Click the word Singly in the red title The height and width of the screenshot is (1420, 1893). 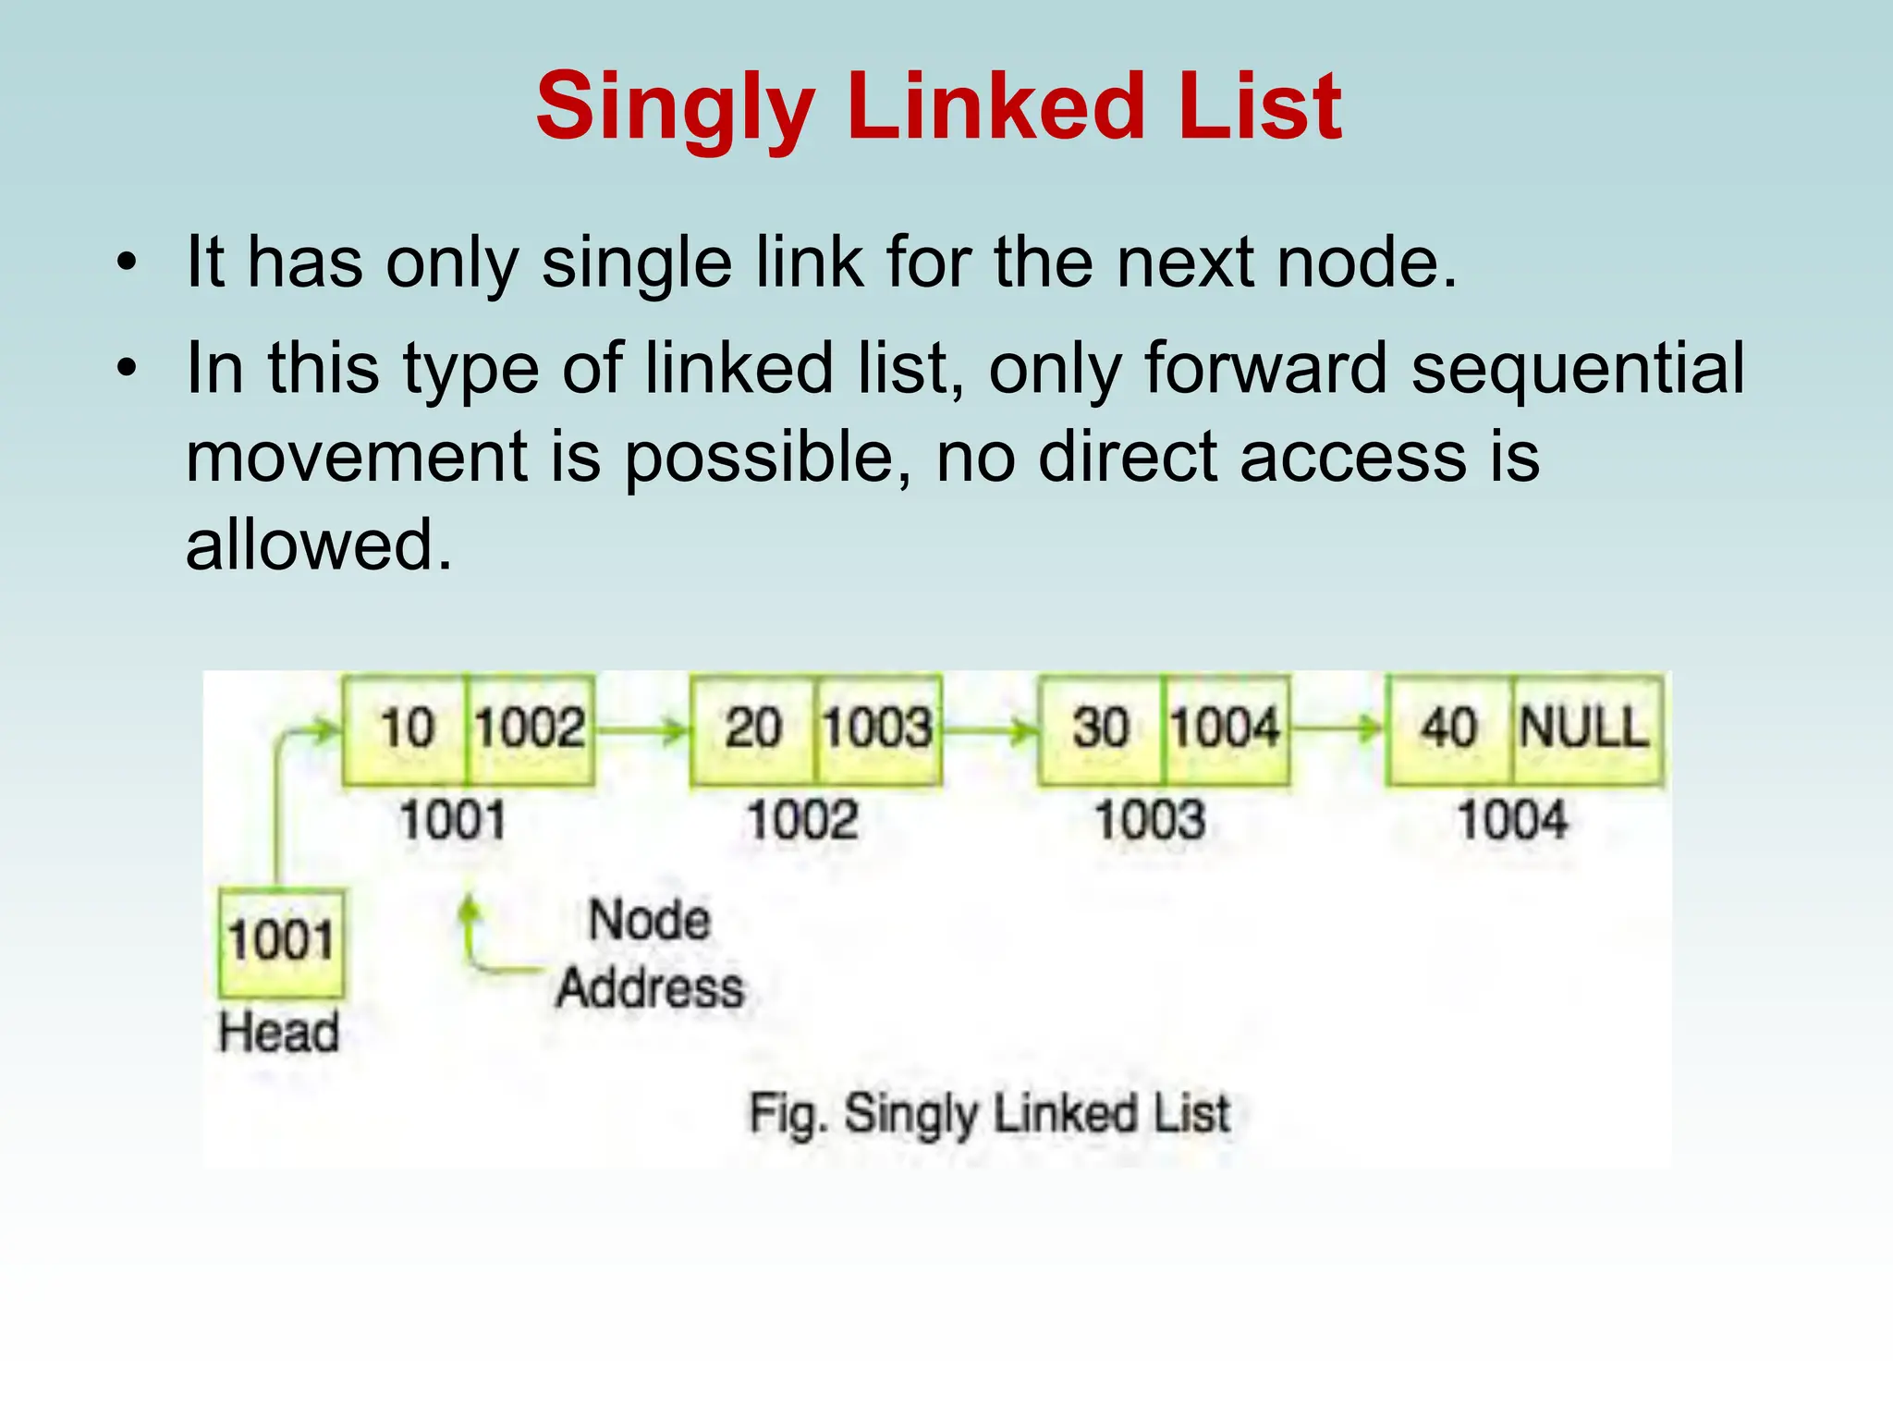click(675, 109)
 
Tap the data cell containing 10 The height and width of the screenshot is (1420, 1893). click(406, 728)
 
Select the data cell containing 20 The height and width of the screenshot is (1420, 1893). click(753, 728)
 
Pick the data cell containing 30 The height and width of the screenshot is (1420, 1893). click(1101, 728)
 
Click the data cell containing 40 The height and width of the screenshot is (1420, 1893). click(1448, 728)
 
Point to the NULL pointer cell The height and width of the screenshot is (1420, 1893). click(1586, 728)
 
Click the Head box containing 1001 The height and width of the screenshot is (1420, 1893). click(281, 941)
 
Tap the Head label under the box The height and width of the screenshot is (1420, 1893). click(279, 1033)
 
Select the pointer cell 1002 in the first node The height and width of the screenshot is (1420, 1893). click(531, 728)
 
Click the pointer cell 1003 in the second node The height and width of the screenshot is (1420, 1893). click(878, 728)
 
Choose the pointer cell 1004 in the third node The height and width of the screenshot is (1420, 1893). click(1226, 728)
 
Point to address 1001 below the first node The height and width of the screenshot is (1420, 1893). click(453, 821)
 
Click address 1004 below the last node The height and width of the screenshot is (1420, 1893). click(1513, 821)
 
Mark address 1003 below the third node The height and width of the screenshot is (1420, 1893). click(1151, 821)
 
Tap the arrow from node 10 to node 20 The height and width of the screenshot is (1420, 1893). click(641, 731)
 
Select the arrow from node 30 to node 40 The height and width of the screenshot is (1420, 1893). click(1337, 731)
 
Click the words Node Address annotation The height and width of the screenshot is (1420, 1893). click(650, 954)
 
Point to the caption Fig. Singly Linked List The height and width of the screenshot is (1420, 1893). click(989, 1114)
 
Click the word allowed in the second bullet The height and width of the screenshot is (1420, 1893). click(319, 545)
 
